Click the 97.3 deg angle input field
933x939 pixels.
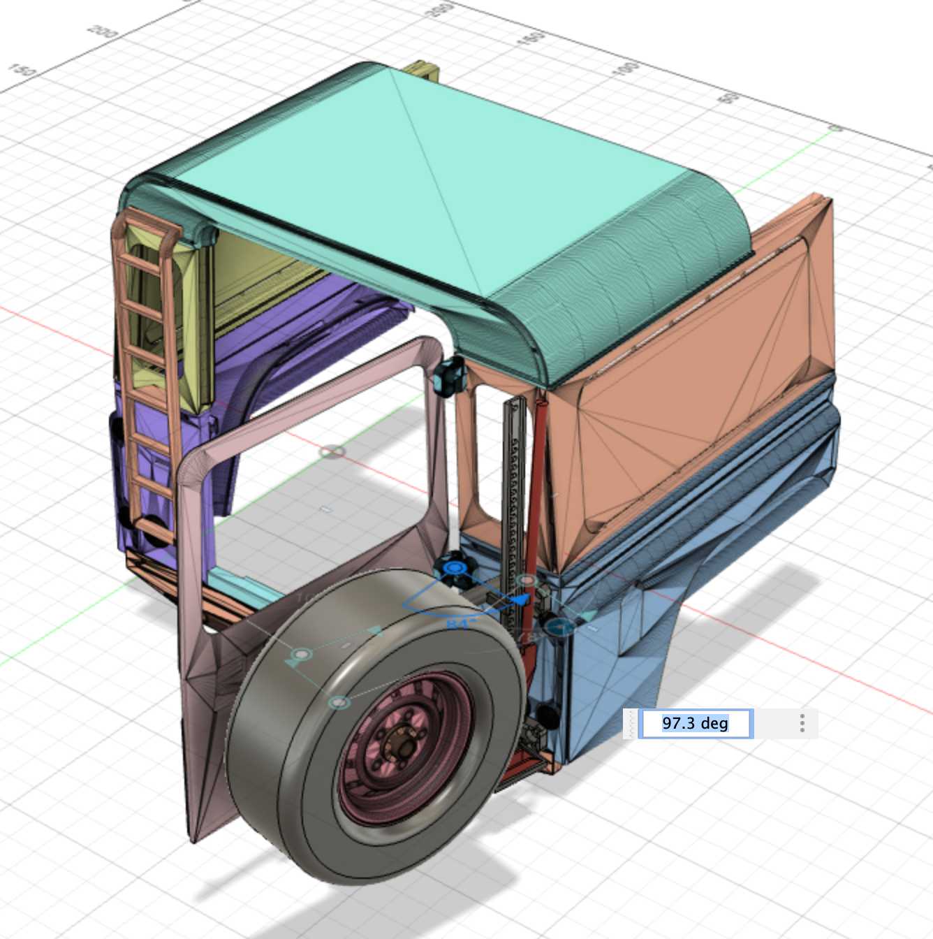click(696, 723)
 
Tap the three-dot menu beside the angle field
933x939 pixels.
click(802, 723)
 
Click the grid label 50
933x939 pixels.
click(729, 97)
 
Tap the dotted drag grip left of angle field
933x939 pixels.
click(633, 723)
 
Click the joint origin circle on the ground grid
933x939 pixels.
click(332, 452)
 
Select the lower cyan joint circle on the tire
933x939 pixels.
click(339, 702)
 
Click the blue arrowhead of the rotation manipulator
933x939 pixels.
click(520, 599)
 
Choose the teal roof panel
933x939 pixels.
click(447, 189)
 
